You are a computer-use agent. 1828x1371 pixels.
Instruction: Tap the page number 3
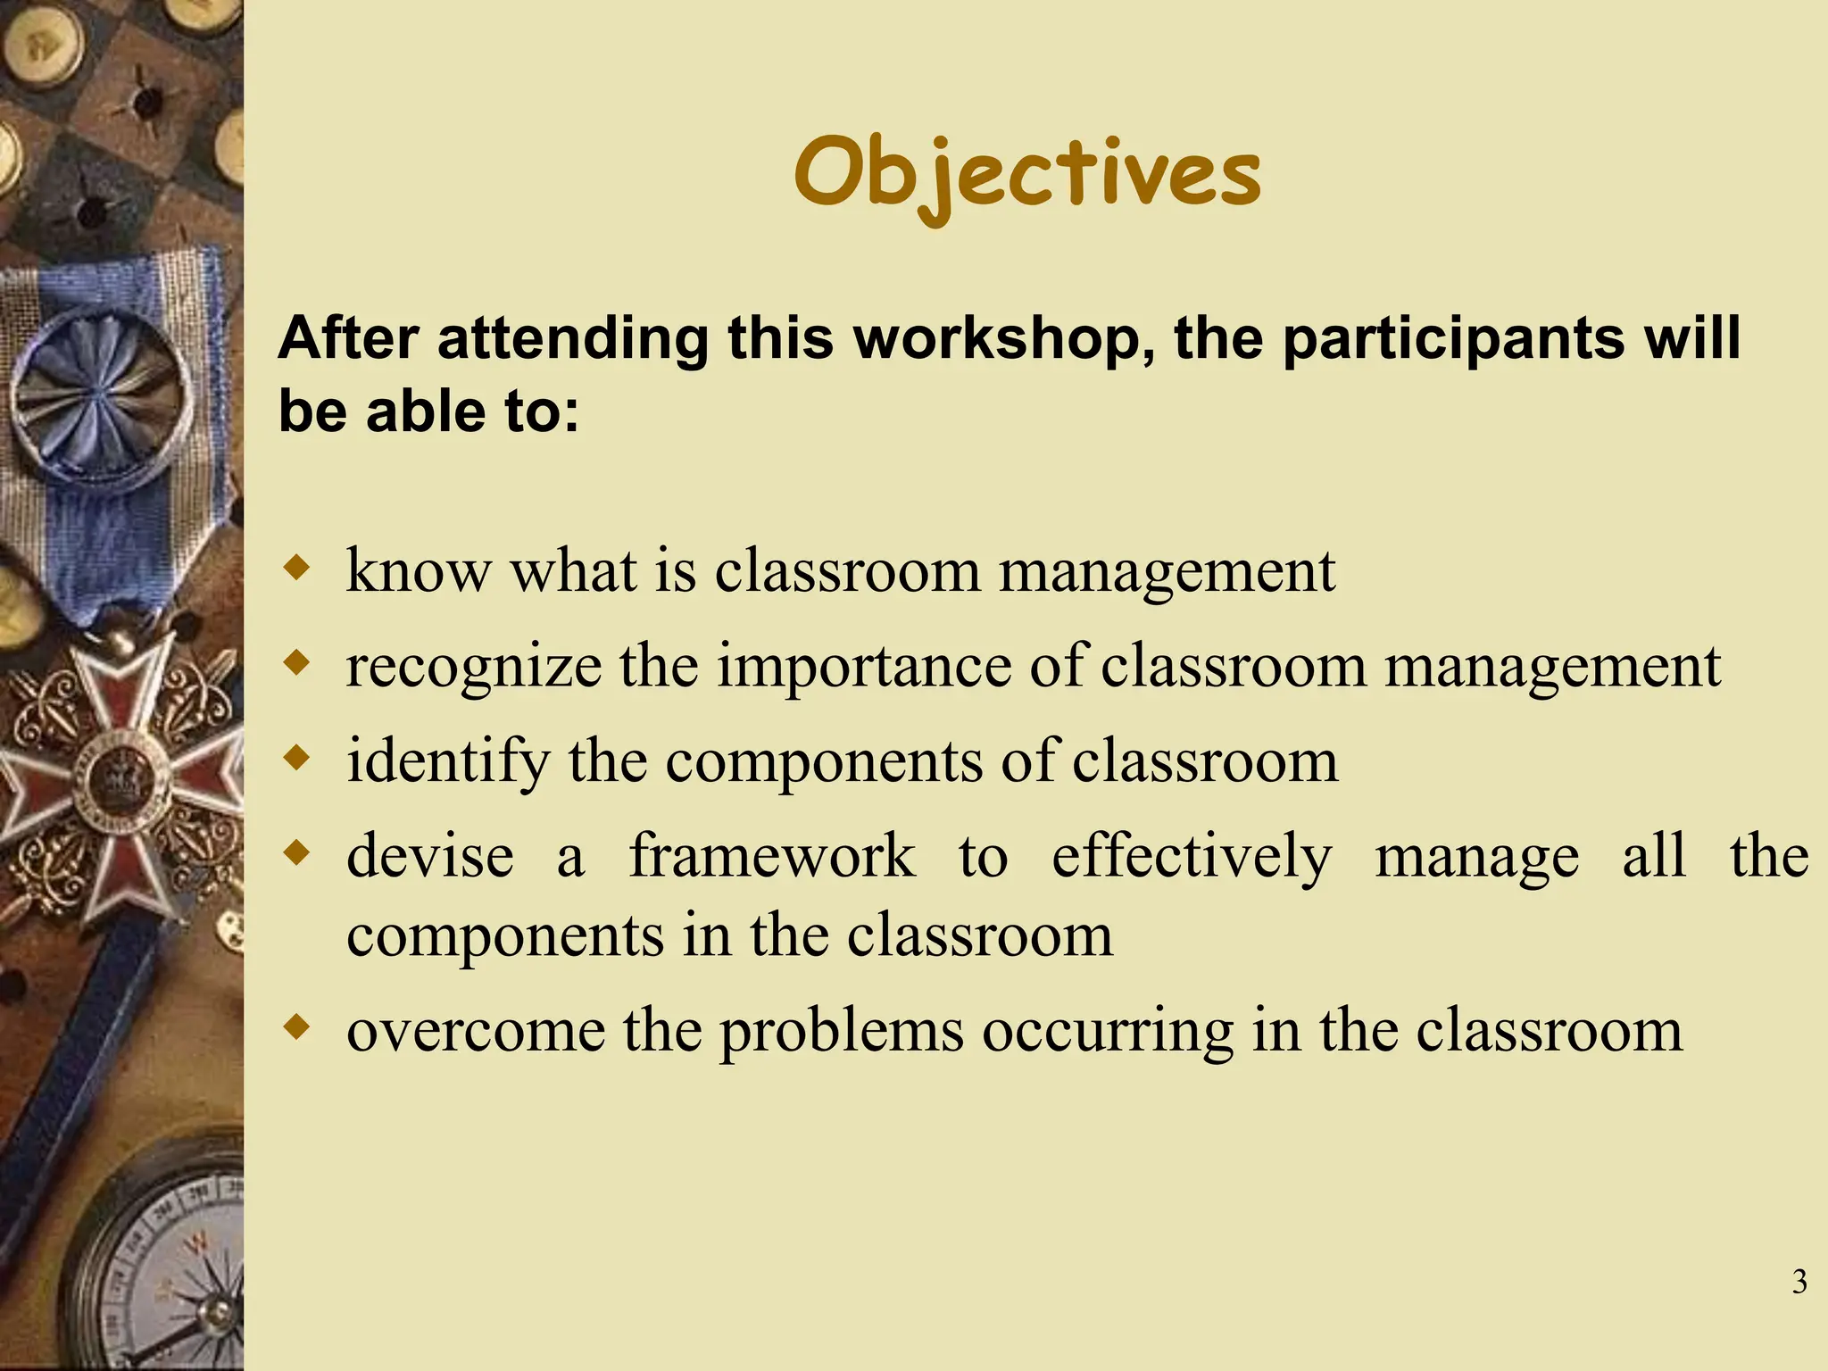(1799, 1282)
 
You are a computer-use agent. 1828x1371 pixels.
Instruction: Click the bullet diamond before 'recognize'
(296, 662)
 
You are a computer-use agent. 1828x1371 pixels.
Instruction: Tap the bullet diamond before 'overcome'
(296, 1027)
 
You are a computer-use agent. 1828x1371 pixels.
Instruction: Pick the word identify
(448, 761)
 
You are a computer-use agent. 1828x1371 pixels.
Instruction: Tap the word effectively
(1191, 857)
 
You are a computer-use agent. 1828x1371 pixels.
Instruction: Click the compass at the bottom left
(179, 1276)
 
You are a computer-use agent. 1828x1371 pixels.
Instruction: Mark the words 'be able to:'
(428, 412)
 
